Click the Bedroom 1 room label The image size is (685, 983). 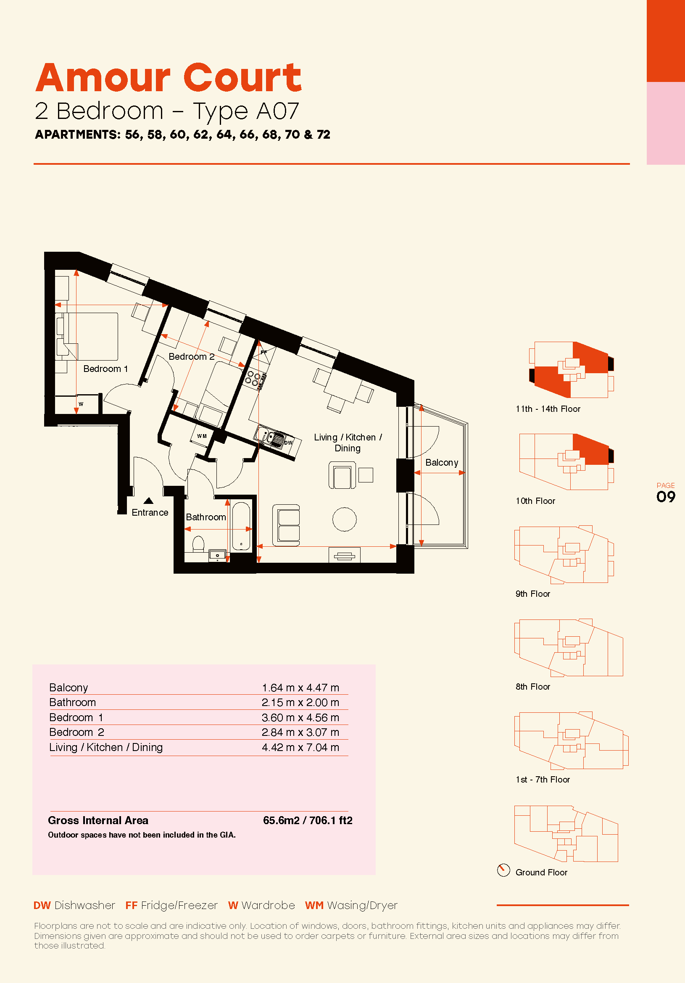pyautogui.click(x=105, y=369)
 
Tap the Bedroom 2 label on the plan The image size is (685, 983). pyautogui.click(x=191, y=356)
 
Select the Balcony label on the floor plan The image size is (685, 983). pyautogui.click(x=441, y=463)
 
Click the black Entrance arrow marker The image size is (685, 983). pyautogui.click(x=149, y=501)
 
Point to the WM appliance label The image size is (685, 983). pyautogui.click(x=202, y=436)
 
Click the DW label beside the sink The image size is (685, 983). pyautogui.click(x=289, y=443)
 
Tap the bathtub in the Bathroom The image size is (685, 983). pyautogui.click(x=241, y=526)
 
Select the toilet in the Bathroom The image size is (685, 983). pyautogui.click(x=198, y=544)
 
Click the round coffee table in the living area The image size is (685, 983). pyautogui.click(x=344, y=519)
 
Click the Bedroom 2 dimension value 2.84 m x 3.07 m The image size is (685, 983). pyautogui.click(x=300, y=732)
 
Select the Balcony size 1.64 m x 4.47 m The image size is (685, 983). pyautogui.click(x=300, y=688)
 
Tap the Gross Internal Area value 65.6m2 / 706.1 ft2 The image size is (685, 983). pyautogui.click(x=307, y=820)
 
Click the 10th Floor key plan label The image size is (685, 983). pyautogui.click(x=535, y=501)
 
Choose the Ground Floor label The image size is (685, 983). pyautogui.click(x=541, y=872)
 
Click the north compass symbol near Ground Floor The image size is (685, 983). pyautogui.click(x=503, y=870)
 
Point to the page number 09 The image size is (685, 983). pyautogui.click(x=666, y=497)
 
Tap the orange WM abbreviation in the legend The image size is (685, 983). pyautogui.click(x=314, y=906)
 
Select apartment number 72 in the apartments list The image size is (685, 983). pyautogui.click(x=324, y=134)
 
